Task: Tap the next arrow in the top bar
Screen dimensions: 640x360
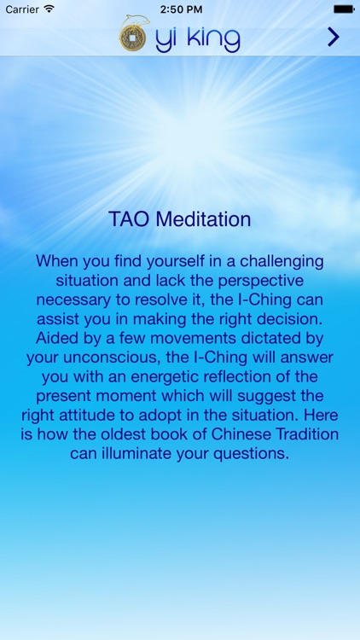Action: pos(334,37)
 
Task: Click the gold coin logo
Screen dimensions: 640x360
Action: pos(132,38)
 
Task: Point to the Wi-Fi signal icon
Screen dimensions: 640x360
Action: pos(49,8)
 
